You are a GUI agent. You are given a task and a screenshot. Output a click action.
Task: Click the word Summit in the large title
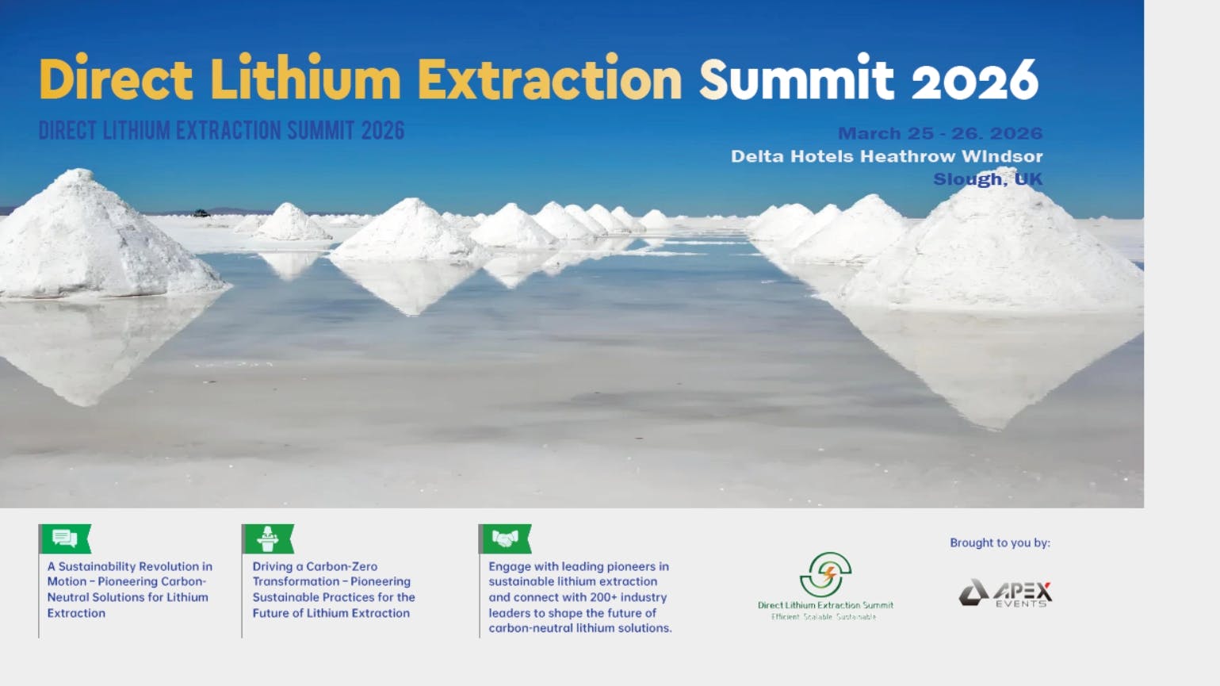(x=796, y=79)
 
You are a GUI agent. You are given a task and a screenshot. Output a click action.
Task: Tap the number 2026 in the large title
(x=974, y=80)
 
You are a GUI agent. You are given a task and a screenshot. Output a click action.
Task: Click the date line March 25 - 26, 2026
(x=939, y=133)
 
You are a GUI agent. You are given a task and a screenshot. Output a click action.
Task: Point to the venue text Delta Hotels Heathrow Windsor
(x=886, y=156)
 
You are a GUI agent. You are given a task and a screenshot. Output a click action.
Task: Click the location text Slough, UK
(x=987, y=179)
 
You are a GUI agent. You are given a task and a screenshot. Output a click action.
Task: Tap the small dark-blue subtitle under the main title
(x=221, y=131)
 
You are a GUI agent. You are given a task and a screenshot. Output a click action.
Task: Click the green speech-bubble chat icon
(x=65, y=539)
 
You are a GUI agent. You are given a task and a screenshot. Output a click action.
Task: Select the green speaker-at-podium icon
(x=268, y=539)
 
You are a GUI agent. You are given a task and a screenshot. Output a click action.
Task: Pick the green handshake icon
(x=505, y=539)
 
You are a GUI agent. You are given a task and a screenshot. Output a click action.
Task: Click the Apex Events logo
(x=1004, y=593)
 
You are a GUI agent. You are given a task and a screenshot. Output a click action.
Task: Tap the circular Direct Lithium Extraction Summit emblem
(x=825, y=573)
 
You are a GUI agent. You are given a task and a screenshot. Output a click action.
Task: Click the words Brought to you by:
(x=1000, y=543)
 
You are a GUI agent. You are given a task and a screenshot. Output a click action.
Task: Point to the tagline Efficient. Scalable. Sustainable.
(x=824, y=617)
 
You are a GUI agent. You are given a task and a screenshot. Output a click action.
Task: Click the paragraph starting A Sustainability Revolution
(x=129, y=589)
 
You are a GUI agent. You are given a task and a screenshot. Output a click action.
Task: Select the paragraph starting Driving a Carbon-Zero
(x=333, y=589)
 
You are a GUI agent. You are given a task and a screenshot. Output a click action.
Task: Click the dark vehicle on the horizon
(x=201, y=213)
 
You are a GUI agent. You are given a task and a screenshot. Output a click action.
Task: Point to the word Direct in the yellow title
(x=116, y=79)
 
